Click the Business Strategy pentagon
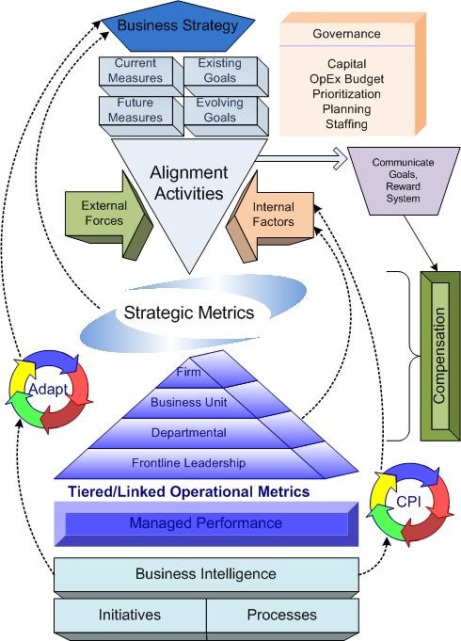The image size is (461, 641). pos(178,26)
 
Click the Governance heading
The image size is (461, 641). pos(346,34)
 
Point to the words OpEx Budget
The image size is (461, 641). pos(346,79)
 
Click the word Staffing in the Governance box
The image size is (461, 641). pos(346,124)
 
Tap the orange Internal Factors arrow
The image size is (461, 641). pos(271,215)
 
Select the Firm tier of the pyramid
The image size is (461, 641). pos(189,373)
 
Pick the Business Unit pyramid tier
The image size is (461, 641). pos(189,403)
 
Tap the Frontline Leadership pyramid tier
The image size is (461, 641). pos(189,462)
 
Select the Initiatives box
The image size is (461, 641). pos(130,615)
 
